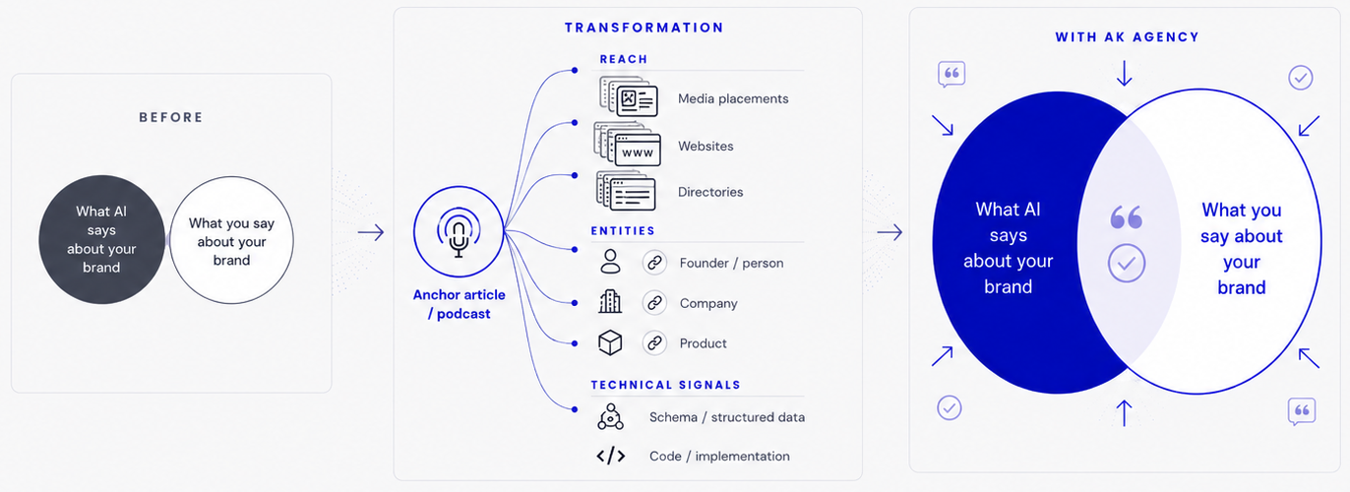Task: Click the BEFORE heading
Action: [x=171, y=117]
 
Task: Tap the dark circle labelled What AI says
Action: [x=102, y=239]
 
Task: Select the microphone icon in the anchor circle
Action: [x=459, y=232]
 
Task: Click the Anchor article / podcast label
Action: [x=460, y=304]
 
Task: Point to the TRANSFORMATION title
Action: [x=644, y=28]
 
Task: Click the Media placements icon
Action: [x=629, y=96]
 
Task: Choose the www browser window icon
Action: [x=628, y=144]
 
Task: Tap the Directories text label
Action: [x=710, y=192]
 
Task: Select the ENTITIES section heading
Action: [x=623, y=231]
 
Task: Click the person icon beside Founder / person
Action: [x=610, y=262]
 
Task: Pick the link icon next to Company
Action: [x=654, y=303]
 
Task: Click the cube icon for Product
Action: [x=610, y=342]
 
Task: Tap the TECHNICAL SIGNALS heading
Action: [x=665, y=385]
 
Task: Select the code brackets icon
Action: [x=610, y=456]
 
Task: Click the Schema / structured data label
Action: [x=727, y=417]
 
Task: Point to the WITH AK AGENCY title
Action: [x=1127, y=37]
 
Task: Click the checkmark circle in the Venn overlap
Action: [x=1127, y=264]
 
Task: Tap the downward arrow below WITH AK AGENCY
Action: [x=1124, y=73]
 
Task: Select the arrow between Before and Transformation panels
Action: [x=371, y=232]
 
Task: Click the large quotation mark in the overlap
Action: [x=1127, y=217]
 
